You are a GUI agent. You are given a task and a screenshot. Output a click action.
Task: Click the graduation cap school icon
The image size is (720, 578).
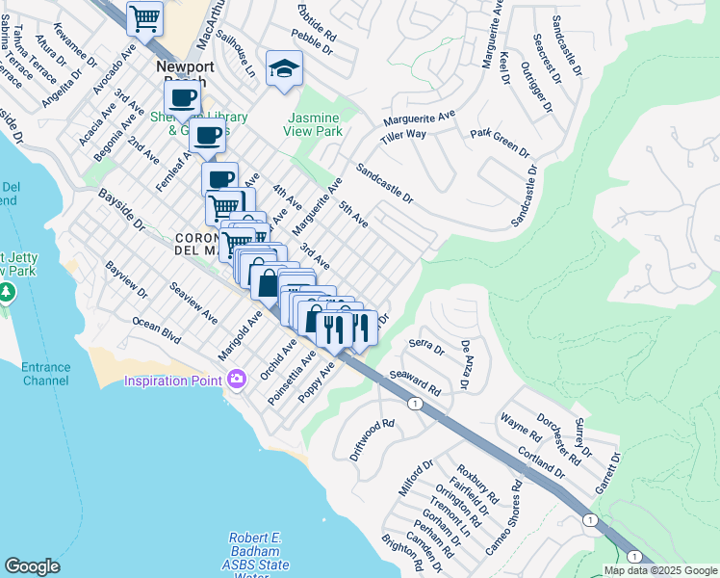pyautogui.click(x=284, y=68)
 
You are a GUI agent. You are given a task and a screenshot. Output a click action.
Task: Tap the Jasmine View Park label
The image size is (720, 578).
pyautogui.click(x=314, y=123)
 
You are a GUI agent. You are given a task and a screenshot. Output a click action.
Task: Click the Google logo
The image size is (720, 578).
pyautogui.click(x=32, y=566)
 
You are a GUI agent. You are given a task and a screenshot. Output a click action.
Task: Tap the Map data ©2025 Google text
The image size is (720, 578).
pyautogui.click(x=661, y=570)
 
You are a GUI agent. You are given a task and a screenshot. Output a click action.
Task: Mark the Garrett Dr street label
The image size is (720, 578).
pyautogui.click(x=604, y=475)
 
